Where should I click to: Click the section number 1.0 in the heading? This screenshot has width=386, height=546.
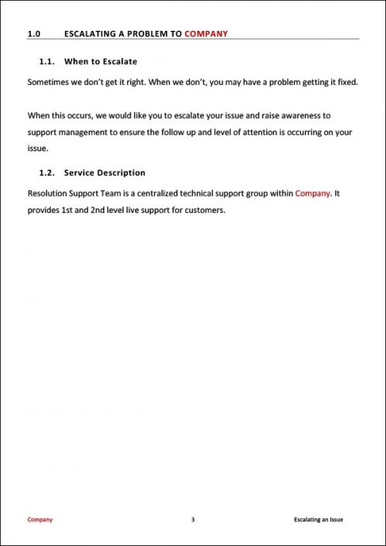tap(33, 34)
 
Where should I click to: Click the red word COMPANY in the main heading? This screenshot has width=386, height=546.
tap(206, 34)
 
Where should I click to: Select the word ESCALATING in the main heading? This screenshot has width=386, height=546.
tap(93, 34)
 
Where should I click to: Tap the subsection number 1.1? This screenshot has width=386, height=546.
tap(46, 61)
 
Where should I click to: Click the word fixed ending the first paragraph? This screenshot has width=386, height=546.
tap(346, 81)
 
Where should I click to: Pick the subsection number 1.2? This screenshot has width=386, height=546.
tap(46, 173)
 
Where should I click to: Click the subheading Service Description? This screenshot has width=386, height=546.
tap(105, 173)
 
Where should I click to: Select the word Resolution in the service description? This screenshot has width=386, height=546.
tap(49, 193)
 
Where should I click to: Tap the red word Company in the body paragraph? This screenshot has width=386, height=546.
tap(313, 193)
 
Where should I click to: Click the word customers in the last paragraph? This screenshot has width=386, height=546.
tap(205, 210)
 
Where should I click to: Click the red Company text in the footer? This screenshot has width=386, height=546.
tap(40, 520)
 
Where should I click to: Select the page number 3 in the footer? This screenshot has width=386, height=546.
tap(192, 520)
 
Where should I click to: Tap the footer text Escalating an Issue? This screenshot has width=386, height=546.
tap(319, 520)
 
